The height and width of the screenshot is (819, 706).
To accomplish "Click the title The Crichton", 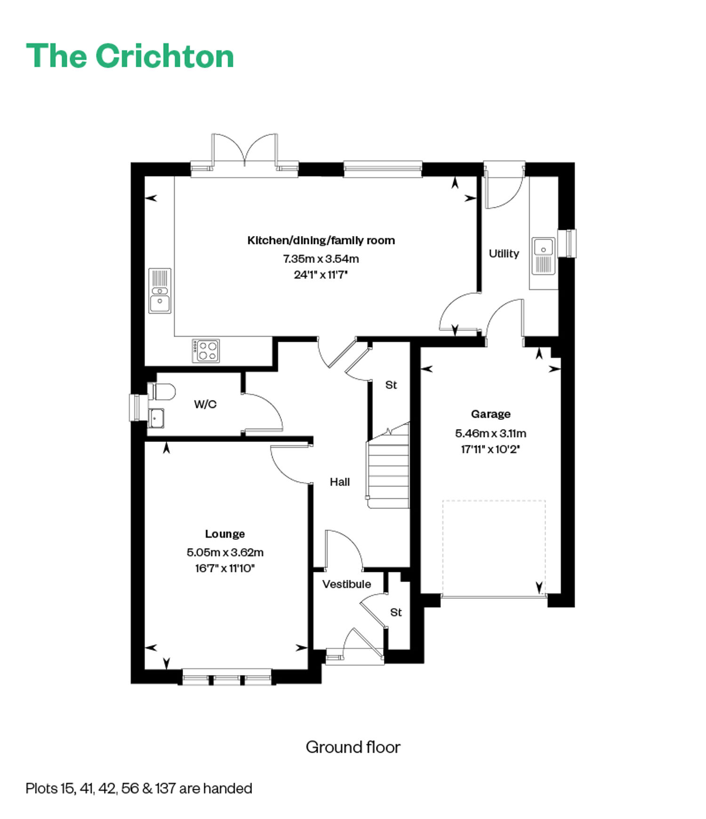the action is (130, 56).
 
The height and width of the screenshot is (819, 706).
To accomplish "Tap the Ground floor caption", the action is (353, 747).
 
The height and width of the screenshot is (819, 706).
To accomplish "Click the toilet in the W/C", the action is (161, 391).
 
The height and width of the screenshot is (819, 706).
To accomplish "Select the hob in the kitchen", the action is (206, 351).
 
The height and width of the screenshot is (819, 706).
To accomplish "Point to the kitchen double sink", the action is (160, 291).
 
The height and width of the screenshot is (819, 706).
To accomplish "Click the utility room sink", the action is (544, 256).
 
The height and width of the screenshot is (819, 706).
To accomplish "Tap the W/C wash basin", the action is (156, 418).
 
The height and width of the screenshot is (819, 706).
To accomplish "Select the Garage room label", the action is (490, 414).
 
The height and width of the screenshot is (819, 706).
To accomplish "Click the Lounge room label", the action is (225, 534).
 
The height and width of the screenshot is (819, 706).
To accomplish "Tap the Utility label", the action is (504, 253).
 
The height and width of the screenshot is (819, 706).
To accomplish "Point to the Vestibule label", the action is (346, 584).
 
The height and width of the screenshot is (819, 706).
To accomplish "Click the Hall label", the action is (340, 482).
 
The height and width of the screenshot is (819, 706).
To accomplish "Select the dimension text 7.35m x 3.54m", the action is (321, 259).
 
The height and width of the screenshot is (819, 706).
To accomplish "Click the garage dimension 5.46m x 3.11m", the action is (490, 433).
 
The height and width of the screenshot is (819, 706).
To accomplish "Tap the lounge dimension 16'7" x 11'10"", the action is (225, 568).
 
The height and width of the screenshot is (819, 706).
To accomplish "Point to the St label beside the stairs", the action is (391, 385).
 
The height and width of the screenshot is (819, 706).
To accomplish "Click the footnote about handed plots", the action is (139, 788).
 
